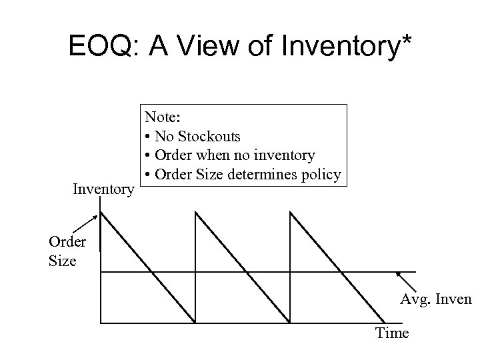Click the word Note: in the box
click(162, 117)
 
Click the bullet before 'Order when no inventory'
click(147, 156)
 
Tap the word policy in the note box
click(323, 175)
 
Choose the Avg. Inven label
click(435, 299)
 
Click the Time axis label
click(392, 333)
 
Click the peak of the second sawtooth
click(195, 213)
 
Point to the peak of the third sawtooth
click(290, 213)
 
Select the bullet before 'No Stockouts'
click(147, 137)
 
